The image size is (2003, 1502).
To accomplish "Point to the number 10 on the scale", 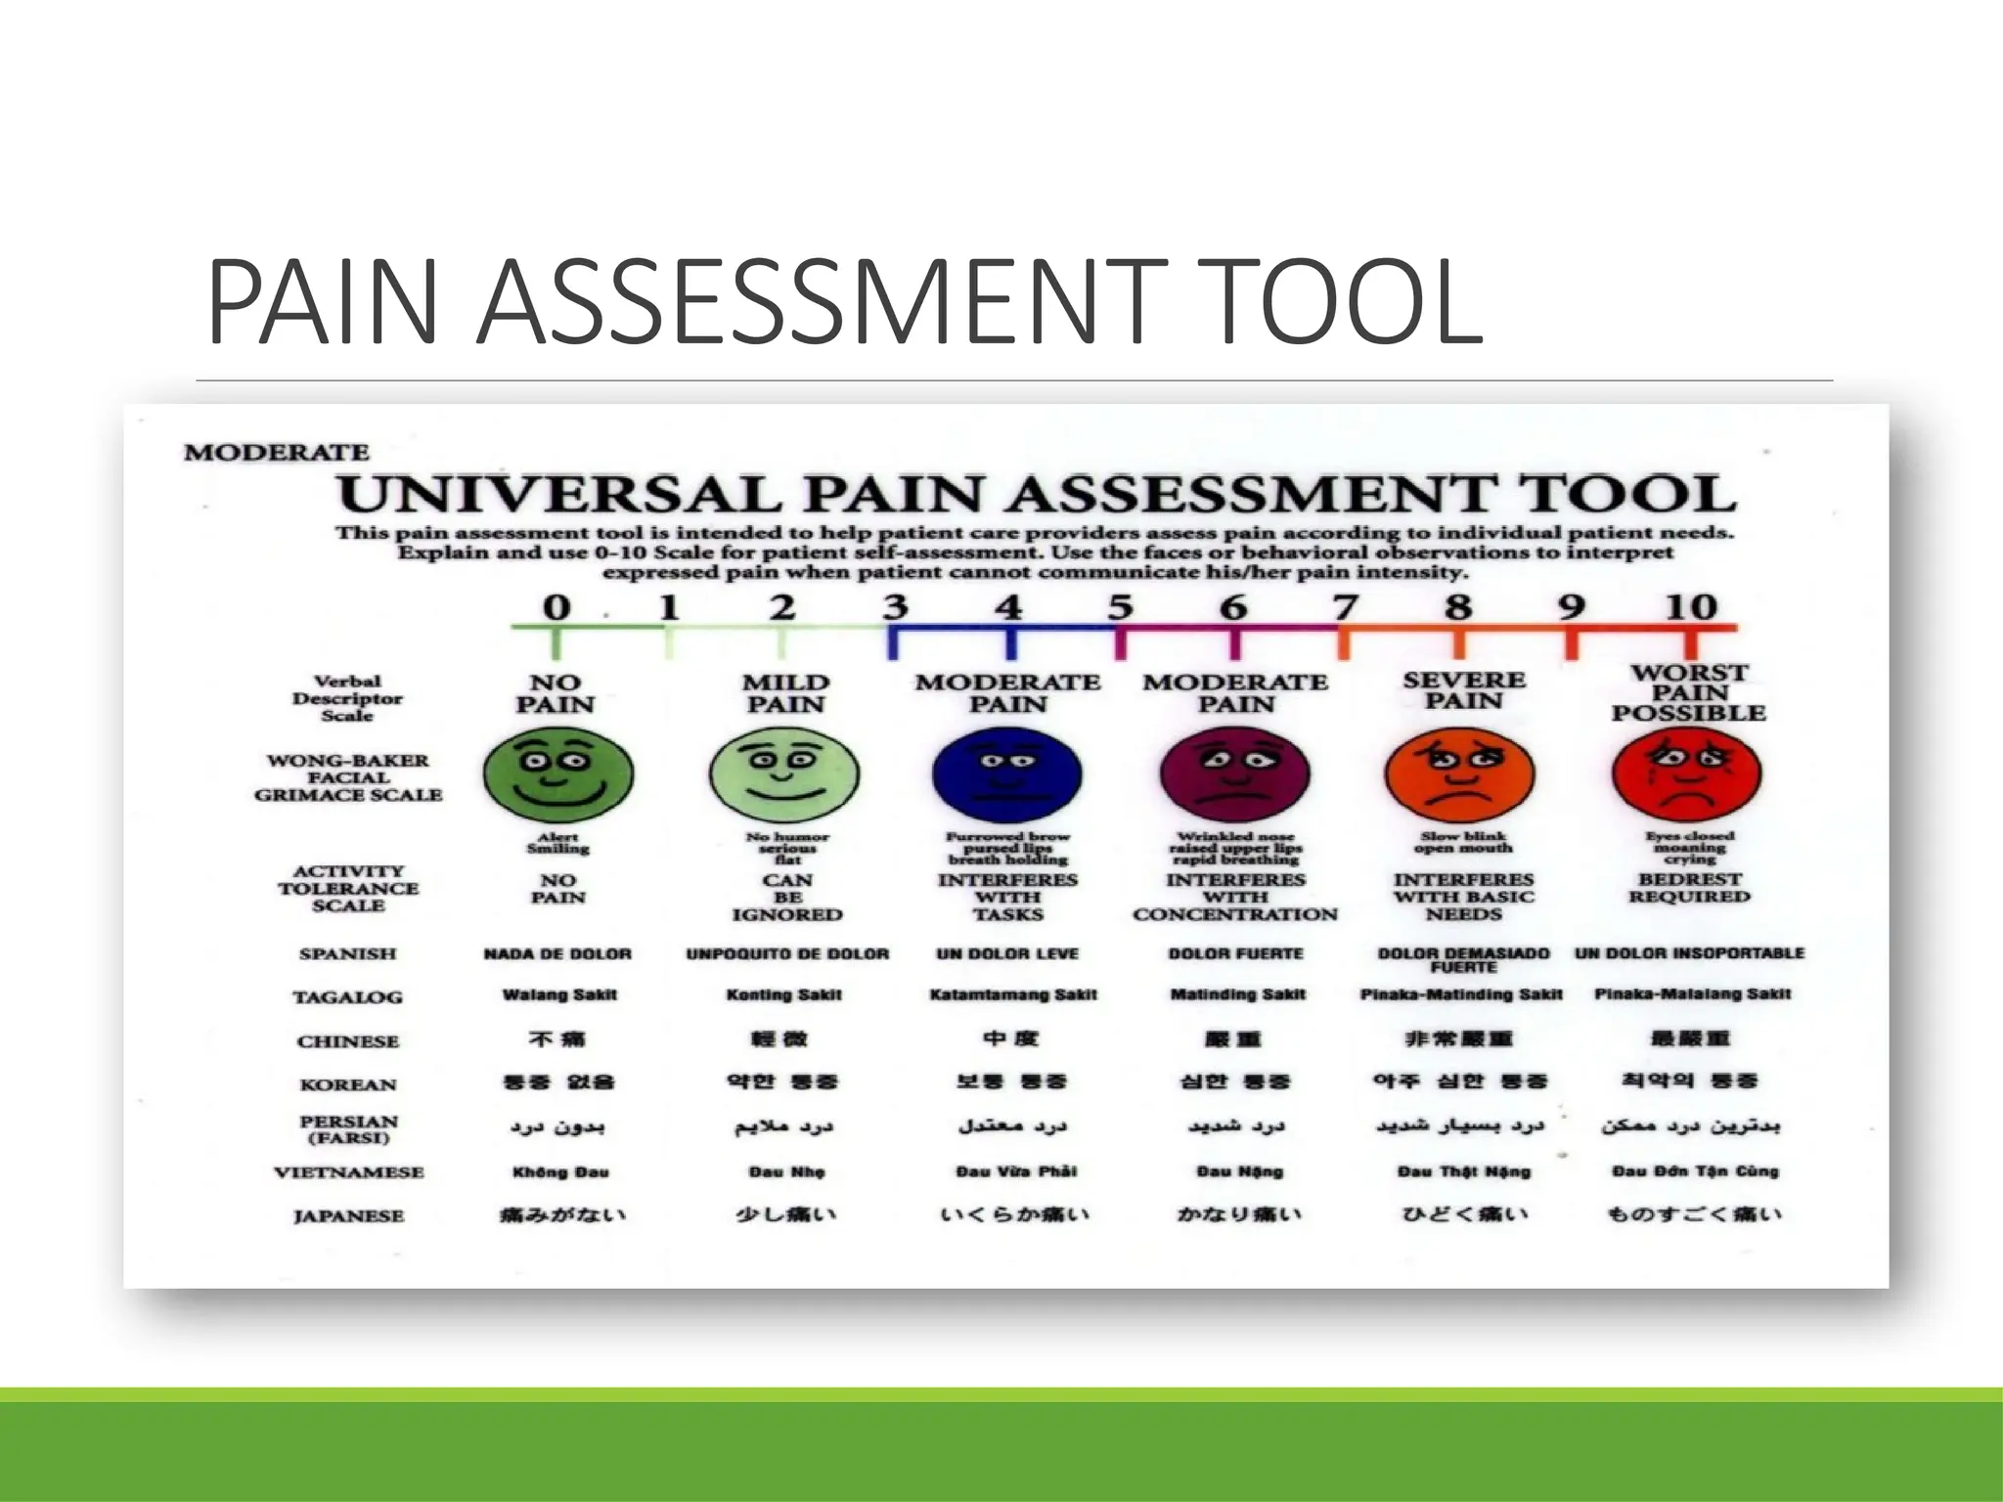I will point(1691,607).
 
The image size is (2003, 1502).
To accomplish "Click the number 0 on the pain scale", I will point(556,607).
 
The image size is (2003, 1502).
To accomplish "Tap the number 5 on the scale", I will point(1121,607).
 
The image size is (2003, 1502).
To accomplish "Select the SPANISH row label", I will point(348,953).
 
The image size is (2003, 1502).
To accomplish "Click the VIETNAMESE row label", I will point(349,1172).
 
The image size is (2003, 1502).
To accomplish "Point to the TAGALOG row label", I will point(348,997).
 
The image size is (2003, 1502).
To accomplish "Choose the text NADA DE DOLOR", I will point(557,953).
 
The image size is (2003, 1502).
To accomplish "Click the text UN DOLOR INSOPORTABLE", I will point(1689,953).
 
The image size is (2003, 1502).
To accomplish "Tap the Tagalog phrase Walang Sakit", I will point(559,995).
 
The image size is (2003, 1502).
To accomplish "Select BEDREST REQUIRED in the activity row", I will point(1689,888).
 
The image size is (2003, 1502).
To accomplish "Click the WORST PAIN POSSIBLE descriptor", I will point(1689,692).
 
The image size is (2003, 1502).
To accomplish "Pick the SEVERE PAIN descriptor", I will point(1464,690).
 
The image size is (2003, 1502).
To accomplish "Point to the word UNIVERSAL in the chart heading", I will point(558,495).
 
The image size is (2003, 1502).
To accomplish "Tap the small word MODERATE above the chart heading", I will point(277,453).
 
